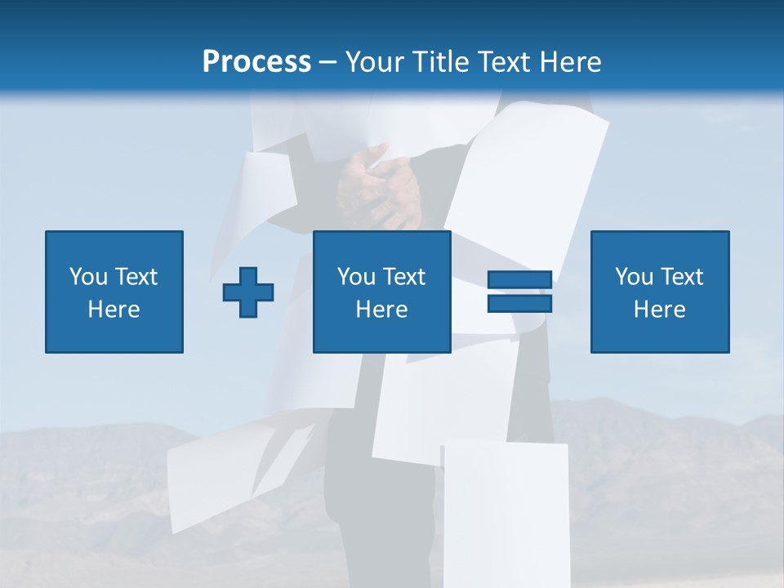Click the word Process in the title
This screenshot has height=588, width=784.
256,62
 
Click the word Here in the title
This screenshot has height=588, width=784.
572,62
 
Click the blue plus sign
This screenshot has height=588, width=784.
248,292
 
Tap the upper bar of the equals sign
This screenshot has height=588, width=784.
519,279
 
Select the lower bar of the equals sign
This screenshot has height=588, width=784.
519,303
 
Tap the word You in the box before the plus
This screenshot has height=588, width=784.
87,277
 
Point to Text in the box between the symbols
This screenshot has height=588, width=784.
403,277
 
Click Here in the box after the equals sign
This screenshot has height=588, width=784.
660,310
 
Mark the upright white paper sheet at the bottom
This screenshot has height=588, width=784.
505,510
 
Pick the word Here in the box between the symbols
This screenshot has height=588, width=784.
381,310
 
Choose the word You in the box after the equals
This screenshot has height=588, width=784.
633,277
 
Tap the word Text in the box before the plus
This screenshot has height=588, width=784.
136,277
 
